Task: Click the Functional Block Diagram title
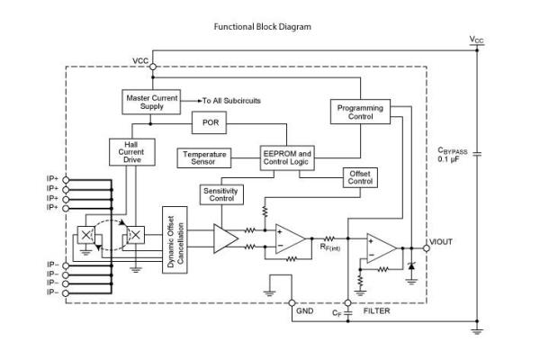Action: (x=262, y=27)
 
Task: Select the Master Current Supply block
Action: (x=150, y=102)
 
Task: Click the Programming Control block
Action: (x=359, y=112)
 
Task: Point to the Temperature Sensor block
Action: (x=204, y=158)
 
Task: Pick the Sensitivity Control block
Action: (x=221, y=193)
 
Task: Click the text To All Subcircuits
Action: (x=229, y=100)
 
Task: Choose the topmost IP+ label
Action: (x=54, y=179)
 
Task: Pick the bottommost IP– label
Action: (x=54, y=292)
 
